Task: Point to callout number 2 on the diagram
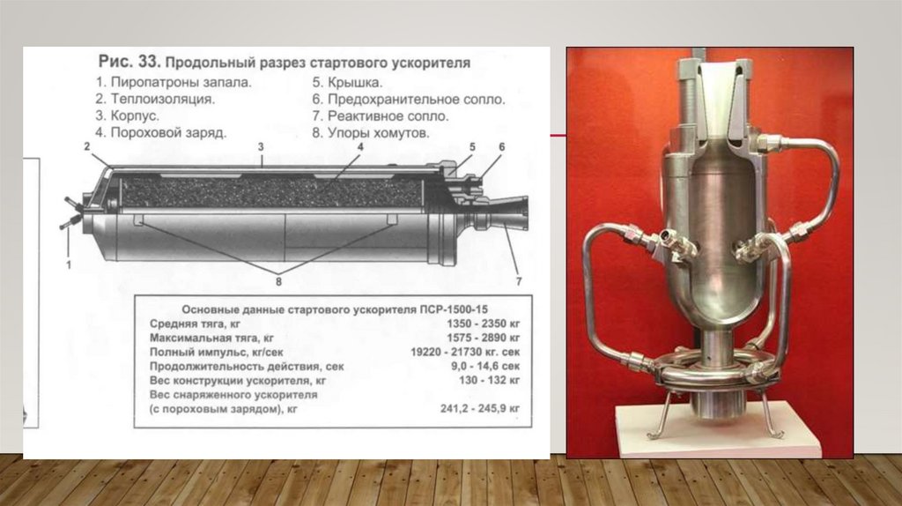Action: (x=87, y=146)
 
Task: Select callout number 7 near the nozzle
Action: (x=519, y=281)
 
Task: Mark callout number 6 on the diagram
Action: (x=501, y=146)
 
